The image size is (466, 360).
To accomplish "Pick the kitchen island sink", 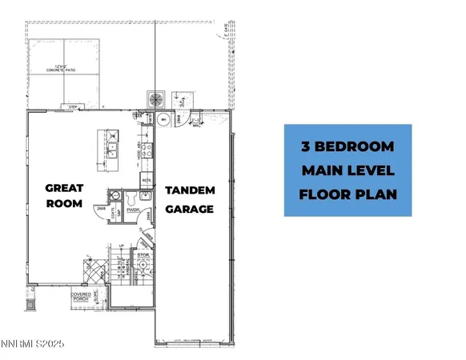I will click(115, 147).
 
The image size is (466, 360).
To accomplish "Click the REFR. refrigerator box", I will click(147, 182).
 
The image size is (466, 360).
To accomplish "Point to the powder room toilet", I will click(119, 197).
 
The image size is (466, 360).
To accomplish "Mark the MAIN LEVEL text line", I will click(348, 170).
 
